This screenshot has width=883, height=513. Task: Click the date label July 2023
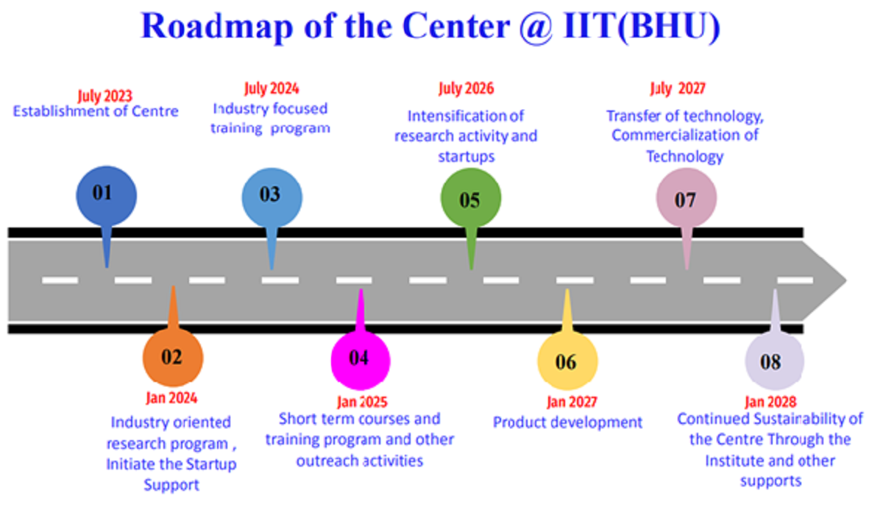(104, 96)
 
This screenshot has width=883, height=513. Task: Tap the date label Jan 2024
(171, 398)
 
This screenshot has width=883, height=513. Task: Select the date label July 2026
(467, 89)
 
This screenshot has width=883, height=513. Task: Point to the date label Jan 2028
(770, 402)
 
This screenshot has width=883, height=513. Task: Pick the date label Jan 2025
(362, 402)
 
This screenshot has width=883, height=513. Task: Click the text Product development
(567, 422)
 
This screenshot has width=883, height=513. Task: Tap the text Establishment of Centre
(96, 111)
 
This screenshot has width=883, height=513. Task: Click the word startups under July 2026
(467, 157)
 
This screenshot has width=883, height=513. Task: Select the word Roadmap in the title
(217, 26)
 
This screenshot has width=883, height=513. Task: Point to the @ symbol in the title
(536, 28)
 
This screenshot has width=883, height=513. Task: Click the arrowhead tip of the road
(846, 280)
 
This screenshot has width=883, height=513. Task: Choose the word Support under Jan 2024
(171, 485)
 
